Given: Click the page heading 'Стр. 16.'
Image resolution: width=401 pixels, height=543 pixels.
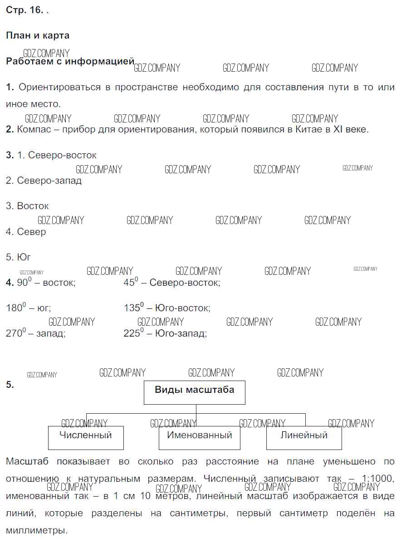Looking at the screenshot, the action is [24, 10].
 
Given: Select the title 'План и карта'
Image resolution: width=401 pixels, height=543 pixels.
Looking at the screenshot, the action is [38, 35].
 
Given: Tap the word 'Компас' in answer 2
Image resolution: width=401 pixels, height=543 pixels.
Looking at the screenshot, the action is [34, 130].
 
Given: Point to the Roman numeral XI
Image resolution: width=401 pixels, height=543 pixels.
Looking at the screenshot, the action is [337, 130].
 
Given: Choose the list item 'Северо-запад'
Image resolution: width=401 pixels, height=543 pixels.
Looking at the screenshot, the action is [49, 181].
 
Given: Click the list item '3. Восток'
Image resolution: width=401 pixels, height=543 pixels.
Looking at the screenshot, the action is [27, 206].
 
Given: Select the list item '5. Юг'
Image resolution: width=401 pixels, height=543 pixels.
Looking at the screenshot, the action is [18, 257].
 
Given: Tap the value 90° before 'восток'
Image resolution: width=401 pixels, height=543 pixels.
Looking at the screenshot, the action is [24, 282].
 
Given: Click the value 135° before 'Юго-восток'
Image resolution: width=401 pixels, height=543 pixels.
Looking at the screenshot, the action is [134, 307].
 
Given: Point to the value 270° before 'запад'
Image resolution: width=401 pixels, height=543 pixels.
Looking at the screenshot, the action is [15, 333].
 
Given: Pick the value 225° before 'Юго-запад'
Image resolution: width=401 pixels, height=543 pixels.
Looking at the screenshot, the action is [134, 333].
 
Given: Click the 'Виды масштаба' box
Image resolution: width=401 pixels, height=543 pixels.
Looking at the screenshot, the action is [195, 393].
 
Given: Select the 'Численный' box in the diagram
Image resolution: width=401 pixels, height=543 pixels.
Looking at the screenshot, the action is [86, 438].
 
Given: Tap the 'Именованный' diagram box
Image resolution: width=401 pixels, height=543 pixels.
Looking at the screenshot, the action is [200, 438].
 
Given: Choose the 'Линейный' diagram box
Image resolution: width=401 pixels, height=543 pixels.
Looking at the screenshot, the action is [304, 438].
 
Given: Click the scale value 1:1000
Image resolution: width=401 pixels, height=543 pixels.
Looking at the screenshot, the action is [377, 479].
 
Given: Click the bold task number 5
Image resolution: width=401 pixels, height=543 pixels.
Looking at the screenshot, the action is [10, 384].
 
